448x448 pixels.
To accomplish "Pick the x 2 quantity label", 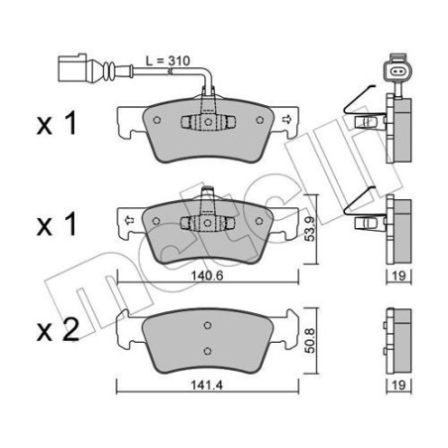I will click(x=56, y=333).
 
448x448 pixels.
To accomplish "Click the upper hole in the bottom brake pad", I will click(x=206, y=326).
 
